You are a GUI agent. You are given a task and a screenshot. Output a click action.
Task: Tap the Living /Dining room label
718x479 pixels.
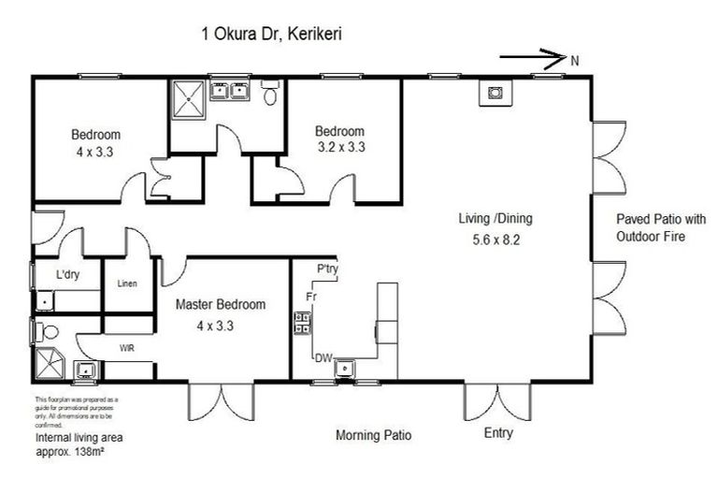[495, 219]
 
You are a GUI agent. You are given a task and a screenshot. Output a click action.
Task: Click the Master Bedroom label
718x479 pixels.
[221, 304]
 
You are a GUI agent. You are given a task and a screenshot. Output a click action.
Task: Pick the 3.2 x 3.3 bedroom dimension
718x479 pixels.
[339, 147]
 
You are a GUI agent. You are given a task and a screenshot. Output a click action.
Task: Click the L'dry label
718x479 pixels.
[67, 275]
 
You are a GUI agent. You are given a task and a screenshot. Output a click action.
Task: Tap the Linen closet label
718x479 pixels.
[128, 283]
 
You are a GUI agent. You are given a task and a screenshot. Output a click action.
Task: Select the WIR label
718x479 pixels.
[127, 347]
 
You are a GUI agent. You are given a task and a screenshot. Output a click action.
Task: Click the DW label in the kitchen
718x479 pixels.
[323, 357]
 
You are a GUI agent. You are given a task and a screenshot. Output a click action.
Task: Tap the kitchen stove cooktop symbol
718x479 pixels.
[303, 323]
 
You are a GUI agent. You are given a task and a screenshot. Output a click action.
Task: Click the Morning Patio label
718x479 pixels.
[374, 436]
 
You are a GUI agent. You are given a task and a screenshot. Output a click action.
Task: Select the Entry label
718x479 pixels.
[498, 434]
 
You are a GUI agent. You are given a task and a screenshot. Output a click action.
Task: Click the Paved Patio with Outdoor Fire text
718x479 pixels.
[651, 228]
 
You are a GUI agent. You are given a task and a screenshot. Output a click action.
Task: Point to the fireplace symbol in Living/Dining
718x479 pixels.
[495, 92]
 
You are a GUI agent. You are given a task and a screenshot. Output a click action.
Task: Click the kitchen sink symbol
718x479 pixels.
[345, 368]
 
